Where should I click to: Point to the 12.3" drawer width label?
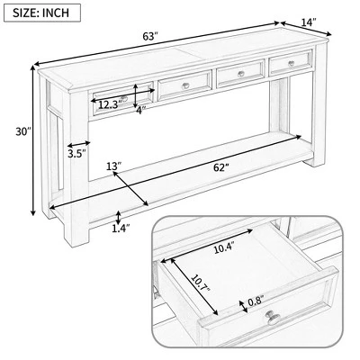point(109,105)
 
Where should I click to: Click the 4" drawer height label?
point(140,111)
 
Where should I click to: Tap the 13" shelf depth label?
point(112,167)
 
